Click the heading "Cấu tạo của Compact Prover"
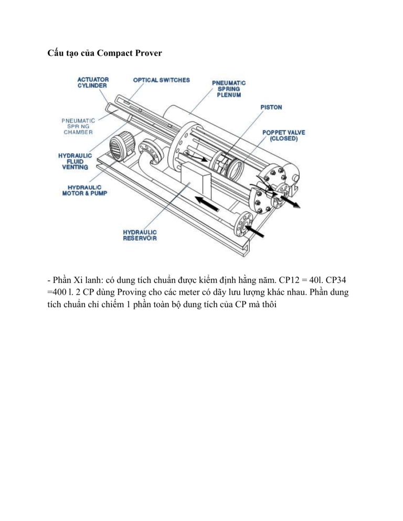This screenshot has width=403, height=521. point(104,53)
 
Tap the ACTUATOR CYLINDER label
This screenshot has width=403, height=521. point(93,82)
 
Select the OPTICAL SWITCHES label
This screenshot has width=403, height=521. point(162,80)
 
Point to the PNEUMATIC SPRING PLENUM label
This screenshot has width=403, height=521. point(229,89)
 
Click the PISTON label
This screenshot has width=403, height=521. point(271,107)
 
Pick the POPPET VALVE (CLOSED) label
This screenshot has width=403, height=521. point(283,135)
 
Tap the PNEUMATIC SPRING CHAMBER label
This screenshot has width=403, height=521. point(78,126)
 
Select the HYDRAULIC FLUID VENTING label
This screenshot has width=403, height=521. point(75,161)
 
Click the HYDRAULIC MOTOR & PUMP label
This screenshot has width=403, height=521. point(84,190)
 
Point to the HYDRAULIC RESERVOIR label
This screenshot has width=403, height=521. point(140,235)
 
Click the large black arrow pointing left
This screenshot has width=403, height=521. point(207,204)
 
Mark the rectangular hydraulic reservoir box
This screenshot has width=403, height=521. point(196,180)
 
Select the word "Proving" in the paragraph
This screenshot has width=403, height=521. point(132,292)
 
